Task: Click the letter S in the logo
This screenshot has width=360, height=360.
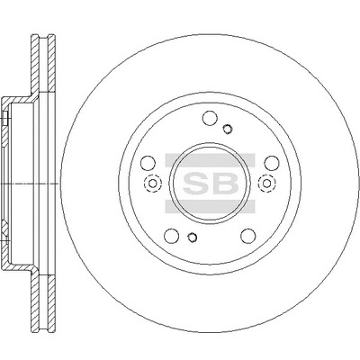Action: (x=201, y=183)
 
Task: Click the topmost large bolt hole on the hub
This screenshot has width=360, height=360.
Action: (x=210, y=117)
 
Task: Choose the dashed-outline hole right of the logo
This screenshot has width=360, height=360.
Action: (x=266, y=185)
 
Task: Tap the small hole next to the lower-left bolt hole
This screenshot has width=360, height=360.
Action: (x=192, y=238)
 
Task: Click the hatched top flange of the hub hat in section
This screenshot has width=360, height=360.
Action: (x=18, y=96)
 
